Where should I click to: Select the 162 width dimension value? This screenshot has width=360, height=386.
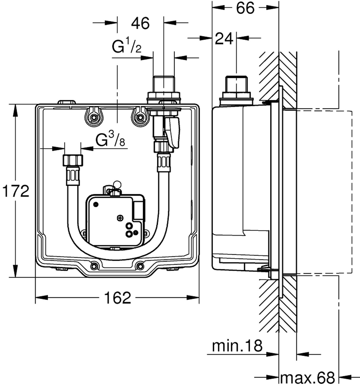[118, 298]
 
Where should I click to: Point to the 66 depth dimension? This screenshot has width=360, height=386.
[245, 8]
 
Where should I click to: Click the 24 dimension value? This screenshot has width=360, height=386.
[224, 39]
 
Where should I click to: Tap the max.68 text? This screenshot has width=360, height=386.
[307, 378]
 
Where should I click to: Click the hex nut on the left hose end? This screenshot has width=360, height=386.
[73, 160]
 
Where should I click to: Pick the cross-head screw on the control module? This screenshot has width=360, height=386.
[120, 218]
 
